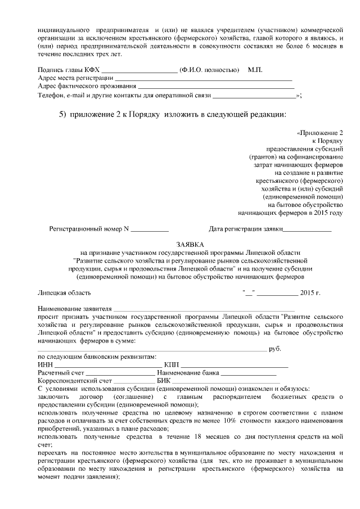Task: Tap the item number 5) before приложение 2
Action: coord(64,114)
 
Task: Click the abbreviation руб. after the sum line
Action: coord(275,349)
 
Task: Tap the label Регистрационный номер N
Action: coord(89,229)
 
